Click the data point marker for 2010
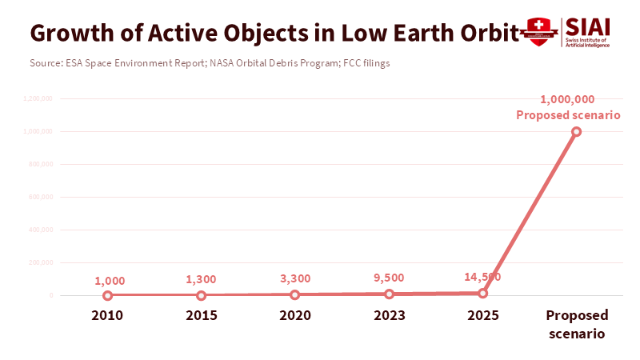click(x=107, y=295)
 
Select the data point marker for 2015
click(x=201, y=295)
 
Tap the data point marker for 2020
click(x=294, y=294)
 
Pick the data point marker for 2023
click(x=389, y=294)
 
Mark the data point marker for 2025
click(x=482, y=293)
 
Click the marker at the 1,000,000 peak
click(x=576, y=131)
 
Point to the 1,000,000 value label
click(x=567, y=99)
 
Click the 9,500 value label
click(x=389, y=278)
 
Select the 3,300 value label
click(x=294, y=278)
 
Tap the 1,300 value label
click(x=201, y=280)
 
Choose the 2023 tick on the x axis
click(x=389, y=315)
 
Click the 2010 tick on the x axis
click(x=107, y=315)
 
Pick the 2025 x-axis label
click(x=482, y=315)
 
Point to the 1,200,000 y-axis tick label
click(x=38, y=98)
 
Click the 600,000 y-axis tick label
click(x=41, y=197)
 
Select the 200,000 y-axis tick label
click(x=41, y=262)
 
